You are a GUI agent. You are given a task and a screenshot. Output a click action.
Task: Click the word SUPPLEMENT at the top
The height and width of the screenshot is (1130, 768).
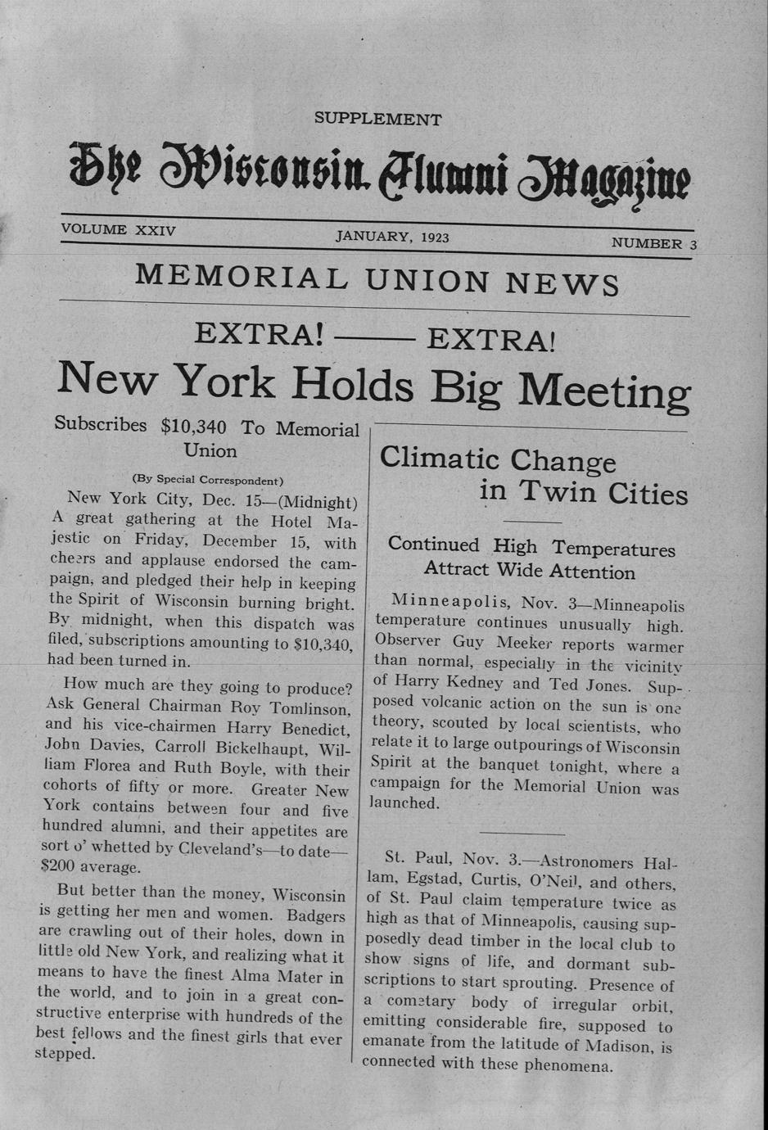[x=377, y=120]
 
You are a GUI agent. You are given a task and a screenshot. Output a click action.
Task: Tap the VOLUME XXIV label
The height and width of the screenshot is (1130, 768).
[x=118, y=230]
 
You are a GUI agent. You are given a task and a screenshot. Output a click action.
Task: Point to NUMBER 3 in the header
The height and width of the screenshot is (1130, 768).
[x=653, y=243]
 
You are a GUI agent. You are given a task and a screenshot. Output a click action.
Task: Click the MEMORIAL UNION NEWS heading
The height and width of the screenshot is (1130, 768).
[x=377, y=279]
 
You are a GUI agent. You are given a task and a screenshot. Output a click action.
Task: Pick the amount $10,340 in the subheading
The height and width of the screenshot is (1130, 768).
[x=193, y=426]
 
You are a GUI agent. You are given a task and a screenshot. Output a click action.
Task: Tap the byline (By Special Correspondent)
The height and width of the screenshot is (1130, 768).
[x=207, y=480]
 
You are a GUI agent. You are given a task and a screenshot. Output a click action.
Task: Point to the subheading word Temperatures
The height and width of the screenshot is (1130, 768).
[x=613, y=549]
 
